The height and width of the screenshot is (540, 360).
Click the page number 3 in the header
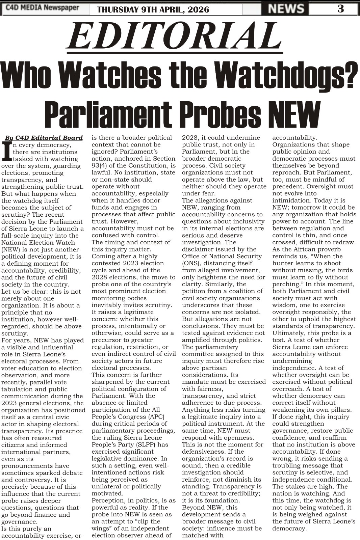pyautogui.click(x=340, y=8)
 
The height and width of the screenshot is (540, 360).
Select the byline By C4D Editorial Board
pyautogui.click(x=44, y=138)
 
